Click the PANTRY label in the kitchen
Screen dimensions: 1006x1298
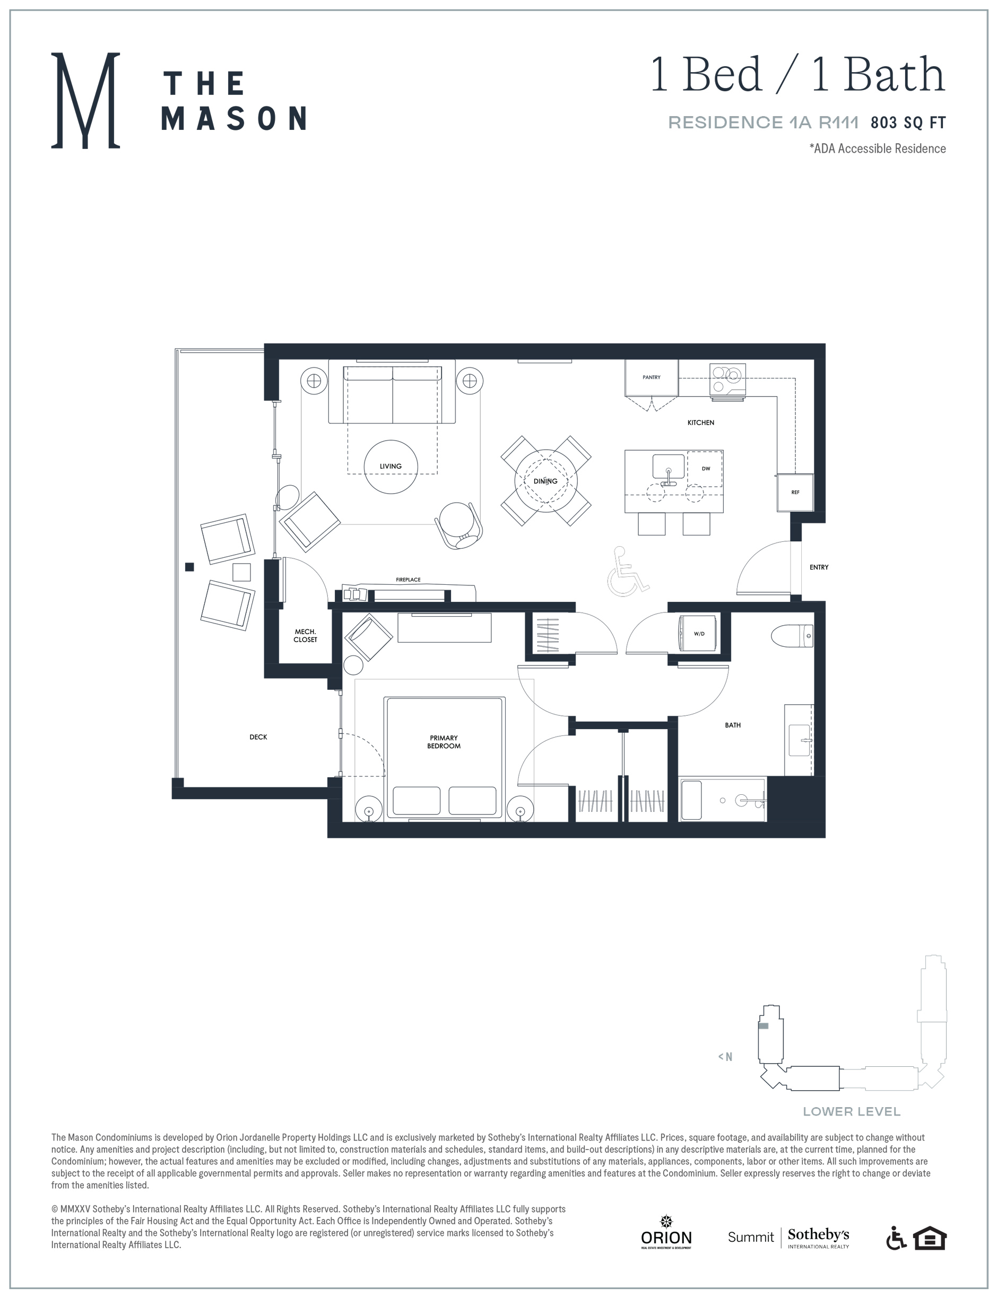pyautogui.click(x=651, y=378)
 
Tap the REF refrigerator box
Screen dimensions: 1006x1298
pyautogui.click(x=795, y=492)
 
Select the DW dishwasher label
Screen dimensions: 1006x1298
pyautogui.click(x=706, y=468)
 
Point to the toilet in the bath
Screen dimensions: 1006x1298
pyautogui.click(x=792, y=635)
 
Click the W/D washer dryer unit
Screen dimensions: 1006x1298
pyautogui.click(x=697, y=634)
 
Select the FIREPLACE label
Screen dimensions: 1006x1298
pyautogui.click(x=408, y=580)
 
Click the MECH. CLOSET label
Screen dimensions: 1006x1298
pyautogui.click(x=305, y=635)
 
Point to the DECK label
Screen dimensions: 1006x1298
pyautogui.click(x=258, y=737)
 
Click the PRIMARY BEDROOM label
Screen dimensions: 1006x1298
pyautogui.click(x=444, y=742)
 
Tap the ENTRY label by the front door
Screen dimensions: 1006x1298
pyautogui.click(x=819, y=567)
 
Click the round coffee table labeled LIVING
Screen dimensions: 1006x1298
pyautogui.click(x=391, y=467)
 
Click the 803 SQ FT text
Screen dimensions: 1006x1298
pyautogui.click(x=908, y=122)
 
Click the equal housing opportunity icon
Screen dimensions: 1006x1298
pyautogui.click(x=930, y=1239)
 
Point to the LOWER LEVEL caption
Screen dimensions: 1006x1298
pyautogui.click(x=852, y=1111)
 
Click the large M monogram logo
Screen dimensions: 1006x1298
pyautogui.click(x=85, y=100)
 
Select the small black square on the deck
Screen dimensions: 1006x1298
pyautogui.click(x=189, y=567)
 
